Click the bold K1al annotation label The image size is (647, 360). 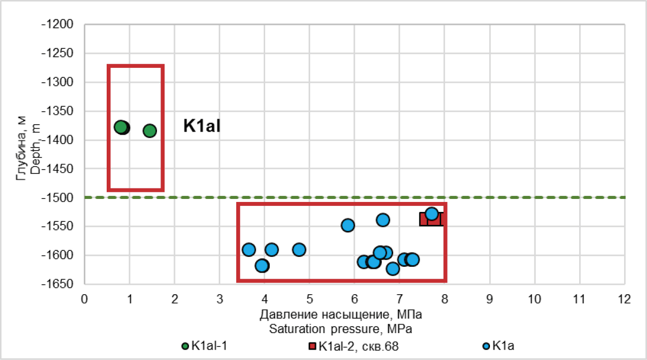pos(202,126)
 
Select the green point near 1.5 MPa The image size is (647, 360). pos(150,131)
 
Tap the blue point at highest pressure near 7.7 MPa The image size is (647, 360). pos(432,214)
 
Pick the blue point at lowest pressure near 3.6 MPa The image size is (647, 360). pos(249,249)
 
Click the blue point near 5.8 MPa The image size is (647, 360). pos(347,225)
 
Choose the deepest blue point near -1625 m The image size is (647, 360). pos(393,269)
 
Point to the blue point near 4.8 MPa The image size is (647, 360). pos(299,249)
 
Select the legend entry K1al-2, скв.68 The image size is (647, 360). pos(349,346)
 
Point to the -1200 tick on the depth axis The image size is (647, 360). pos(59,24)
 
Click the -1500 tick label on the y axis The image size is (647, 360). pos(59,197)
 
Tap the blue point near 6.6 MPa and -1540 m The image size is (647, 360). pos(383,219)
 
